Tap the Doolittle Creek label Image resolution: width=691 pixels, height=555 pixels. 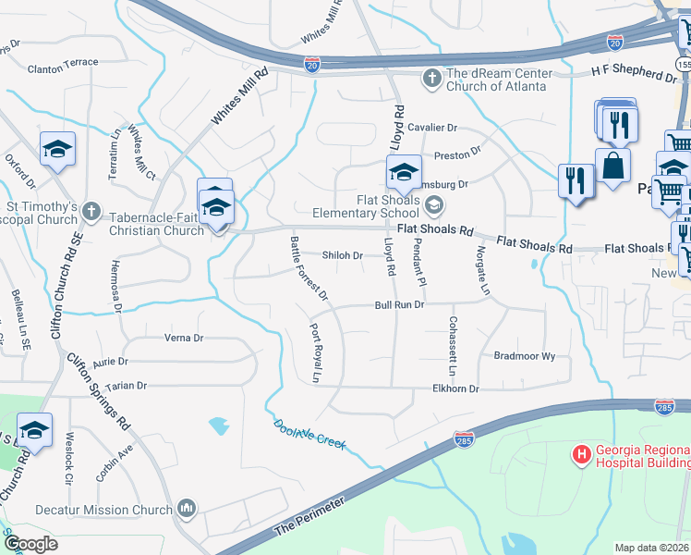(309, 434)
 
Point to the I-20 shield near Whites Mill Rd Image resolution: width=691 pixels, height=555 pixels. (313, 64)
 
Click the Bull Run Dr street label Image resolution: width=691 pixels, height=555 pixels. (399, 304)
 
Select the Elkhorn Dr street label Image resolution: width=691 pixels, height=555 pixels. (455, 389)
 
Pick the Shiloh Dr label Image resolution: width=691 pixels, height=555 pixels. (342, 255)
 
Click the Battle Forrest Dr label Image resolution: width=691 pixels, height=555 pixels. (309, 268)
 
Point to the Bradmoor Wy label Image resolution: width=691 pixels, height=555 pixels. (524, 355)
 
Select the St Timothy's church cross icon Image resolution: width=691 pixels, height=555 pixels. (91, 212)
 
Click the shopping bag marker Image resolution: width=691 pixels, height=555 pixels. (612, 167)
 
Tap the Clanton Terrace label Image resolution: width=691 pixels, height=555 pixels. (63, 68)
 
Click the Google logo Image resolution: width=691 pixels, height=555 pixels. (30, 544)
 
